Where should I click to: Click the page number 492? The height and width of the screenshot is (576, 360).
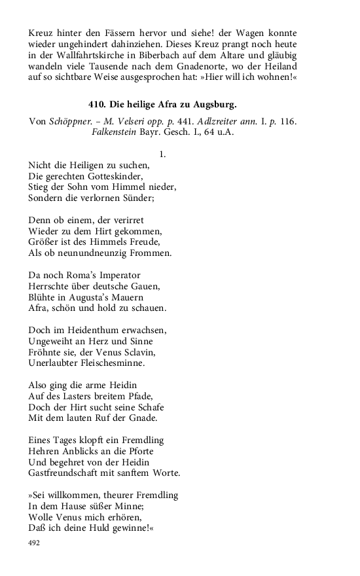[x=35, y=543]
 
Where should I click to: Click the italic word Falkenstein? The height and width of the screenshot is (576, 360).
[x=117, y=133]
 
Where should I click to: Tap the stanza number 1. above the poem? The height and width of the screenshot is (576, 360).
[x=162, y=154]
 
